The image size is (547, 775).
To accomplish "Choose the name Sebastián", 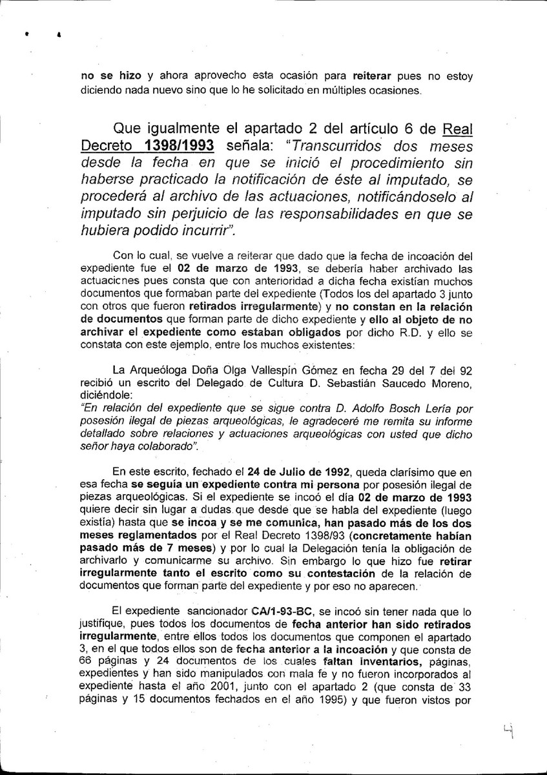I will pyautogui.click(x=373, y=382).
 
